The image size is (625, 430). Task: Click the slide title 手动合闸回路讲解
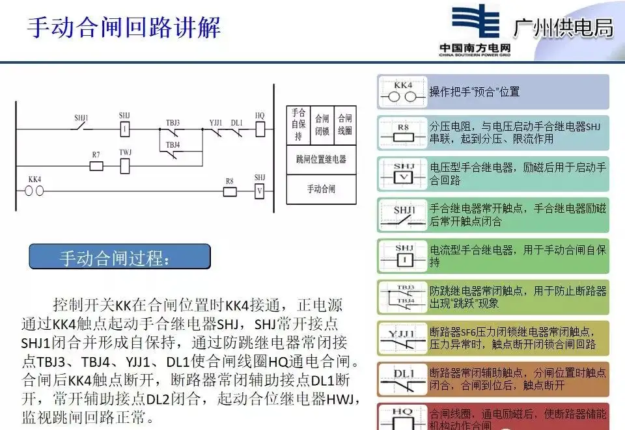pos(124,27)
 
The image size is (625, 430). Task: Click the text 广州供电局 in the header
pos(563,27)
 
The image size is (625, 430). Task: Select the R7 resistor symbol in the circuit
pos(96,166)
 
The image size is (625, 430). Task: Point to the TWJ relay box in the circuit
pos(125,165)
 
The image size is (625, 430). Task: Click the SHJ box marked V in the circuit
pos(259,191)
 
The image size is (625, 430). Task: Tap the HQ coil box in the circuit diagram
pos(260,129)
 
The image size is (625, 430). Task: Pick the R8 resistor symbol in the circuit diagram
pos(229,191)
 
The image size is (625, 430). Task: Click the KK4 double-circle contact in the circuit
pos(34,191)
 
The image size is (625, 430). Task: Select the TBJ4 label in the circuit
pos(173,144)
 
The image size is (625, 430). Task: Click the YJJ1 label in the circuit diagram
pos(215,122)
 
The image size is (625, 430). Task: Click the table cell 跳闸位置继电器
pos(321,159)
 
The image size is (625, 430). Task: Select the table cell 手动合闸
pos(321,189)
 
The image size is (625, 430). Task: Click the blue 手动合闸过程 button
pos(120,258)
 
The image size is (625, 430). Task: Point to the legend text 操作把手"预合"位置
pos(474,92)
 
